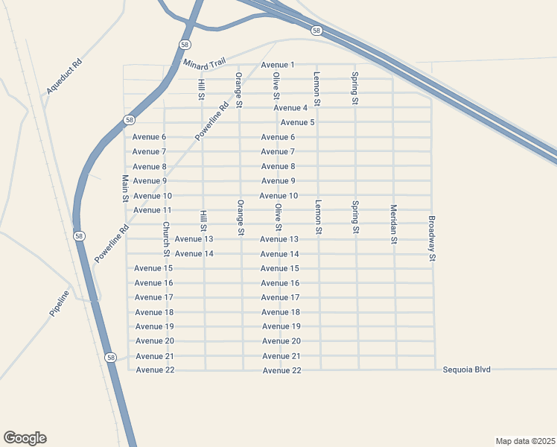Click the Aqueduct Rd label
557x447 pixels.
tap(63, 76)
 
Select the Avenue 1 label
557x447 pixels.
tap(278, 65)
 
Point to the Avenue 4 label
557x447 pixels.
tap(290, 108)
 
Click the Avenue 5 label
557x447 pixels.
tap(297, 122)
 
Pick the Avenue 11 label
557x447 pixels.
tap(152, 210)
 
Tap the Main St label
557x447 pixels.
tap(125, 188)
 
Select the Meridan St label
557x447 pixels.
tap(393, 224)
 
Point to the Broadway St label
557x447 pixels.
tap(431, 238)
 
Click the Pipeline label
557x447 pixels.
tap(60, 304)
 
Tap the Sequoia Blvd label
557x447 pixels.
tap(467, 370)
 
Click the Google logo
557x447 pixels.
tap(25, 438)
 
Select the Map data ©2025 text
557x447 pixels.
tap(525, 440)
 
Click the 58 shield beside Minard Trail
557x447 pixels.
tap(184, 45)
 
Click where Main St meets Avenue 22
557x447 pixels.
tap(128, 370)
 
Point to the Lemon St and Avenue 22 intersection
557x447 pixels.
tap(320, 370)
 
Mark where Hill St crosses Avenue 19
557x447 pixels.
tap(205, 326)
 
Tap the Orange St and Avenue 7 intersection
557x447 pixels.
tap(240, 152)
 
